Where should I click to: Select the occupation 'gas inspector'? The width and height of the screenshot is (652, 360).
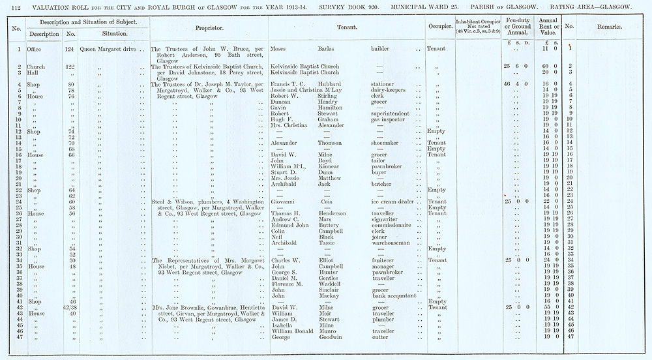point(389,119)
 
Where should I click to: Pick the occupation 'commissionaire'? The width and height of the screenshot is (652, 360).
point(394,225)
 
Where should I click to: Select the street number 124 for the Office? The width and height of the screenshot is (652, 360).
point(70,49)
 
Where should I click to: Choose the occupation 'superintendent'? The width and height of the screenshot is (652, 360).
point(394,113)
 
